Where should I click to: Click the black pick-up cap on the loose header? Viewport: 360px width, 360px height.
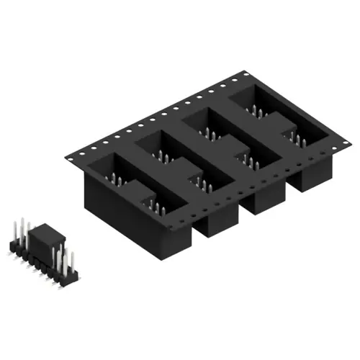45,237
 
